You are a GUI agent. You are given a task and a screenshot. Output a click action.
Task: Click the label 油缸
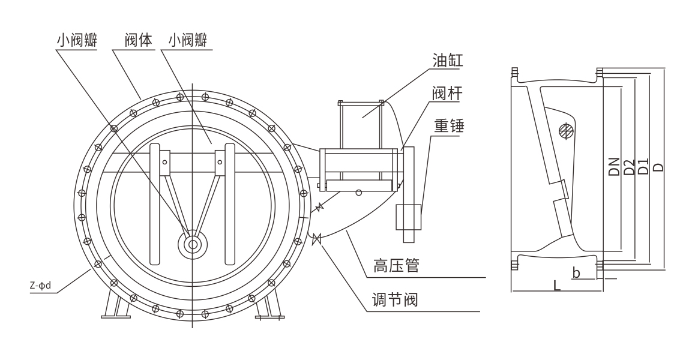click(448, 60)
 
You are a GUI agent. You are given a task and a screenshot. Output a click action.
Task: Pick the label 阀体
click(139, 40)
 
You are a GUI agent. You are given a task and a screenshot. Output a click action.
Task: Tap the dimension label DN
click(614, 166)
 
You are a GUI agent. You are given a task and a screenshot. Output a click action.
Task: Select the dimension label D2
click(628, 166)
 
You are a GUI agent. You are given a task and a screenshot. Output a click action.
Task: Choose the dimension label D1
click(643, 166)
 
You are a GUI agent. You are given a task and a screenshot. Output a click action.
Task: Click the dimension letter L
click(557, 286)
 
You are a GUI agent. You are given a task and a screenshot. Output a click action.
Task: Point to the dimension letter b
click(576, 273)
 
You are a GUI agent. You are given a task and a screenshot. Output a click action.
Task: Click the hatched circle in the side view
click(565, 130)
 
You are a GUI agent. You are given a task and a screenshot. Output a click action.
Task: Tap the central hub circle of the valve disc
click(193, 244)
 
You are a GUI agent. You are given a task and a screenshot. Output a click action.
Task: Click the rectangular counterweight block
click(408, 217)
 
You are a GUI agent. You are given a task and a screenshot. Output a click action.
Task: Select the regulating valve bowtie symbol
click(317, 238)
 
